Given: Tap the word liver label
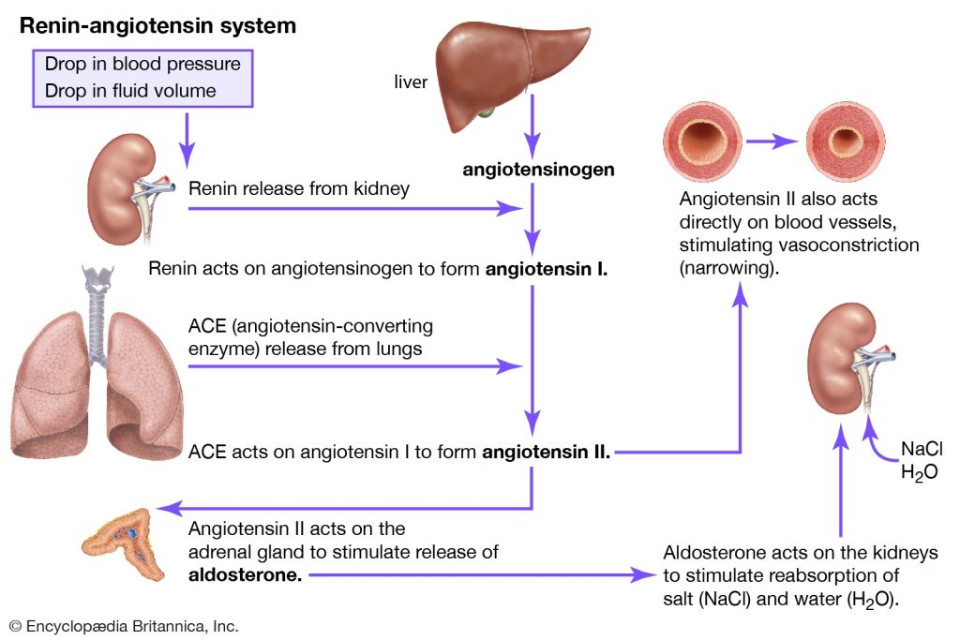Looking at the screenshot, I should (411, 82).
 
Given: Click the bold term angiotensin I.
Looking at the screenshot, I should (547, 270).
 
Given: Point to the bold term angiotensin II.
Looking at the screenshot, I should (546, 453).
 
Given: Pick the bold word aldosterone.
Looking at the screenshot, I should (245, 574).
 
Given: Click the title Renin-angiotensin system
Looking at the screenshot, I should (157, 26).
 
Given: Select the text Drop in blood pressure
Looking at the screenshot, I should (142, 65).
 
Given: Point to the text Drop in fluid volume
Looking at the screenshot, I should (130, 91).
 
